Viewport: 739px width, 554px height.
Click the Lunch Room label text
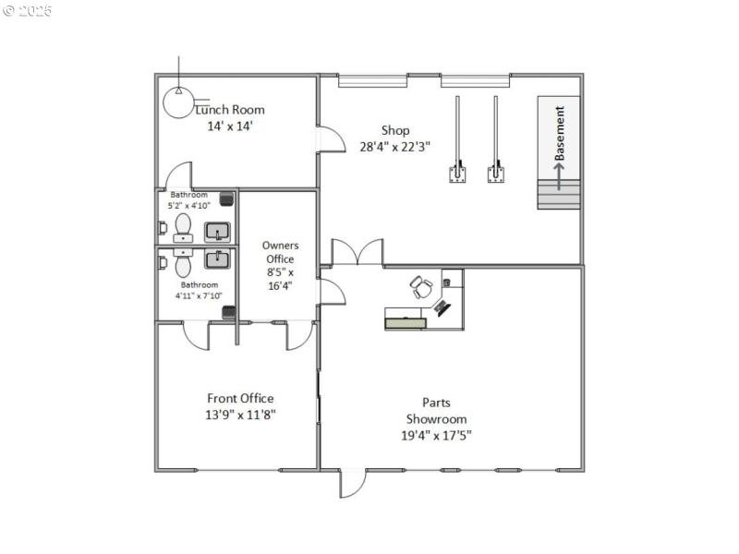[230, 110]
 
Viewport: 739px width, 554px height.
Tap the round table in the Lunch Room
[178, 102]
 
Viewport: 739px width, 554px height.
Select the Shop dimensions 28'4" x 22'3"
[395, 146]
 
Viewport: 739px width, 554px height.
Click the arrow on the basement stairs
[559, 174]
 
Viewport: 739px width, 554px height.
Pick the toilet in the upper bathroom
[181, 226]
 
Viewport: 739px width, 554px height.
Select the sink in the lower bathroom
[217, 259]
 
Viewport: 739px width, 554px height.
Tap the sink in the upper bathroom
[217, 231]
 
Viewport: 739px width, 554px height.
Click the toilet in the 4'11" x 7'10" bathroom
[181, 264]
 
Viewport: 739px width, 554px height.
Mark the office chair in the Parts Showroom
[421, 287]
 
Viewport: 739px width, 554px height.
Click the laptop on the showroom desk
[443, 307]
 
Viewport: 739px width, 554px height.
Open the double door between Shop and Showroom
[357, 252]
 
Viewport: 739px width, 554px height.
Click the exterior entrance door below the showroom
[352, 482]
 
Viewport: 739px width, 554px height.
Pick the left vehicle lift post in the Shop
[456, 172]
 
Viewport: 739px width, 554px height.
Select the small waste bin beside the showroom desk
[447, 281]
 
